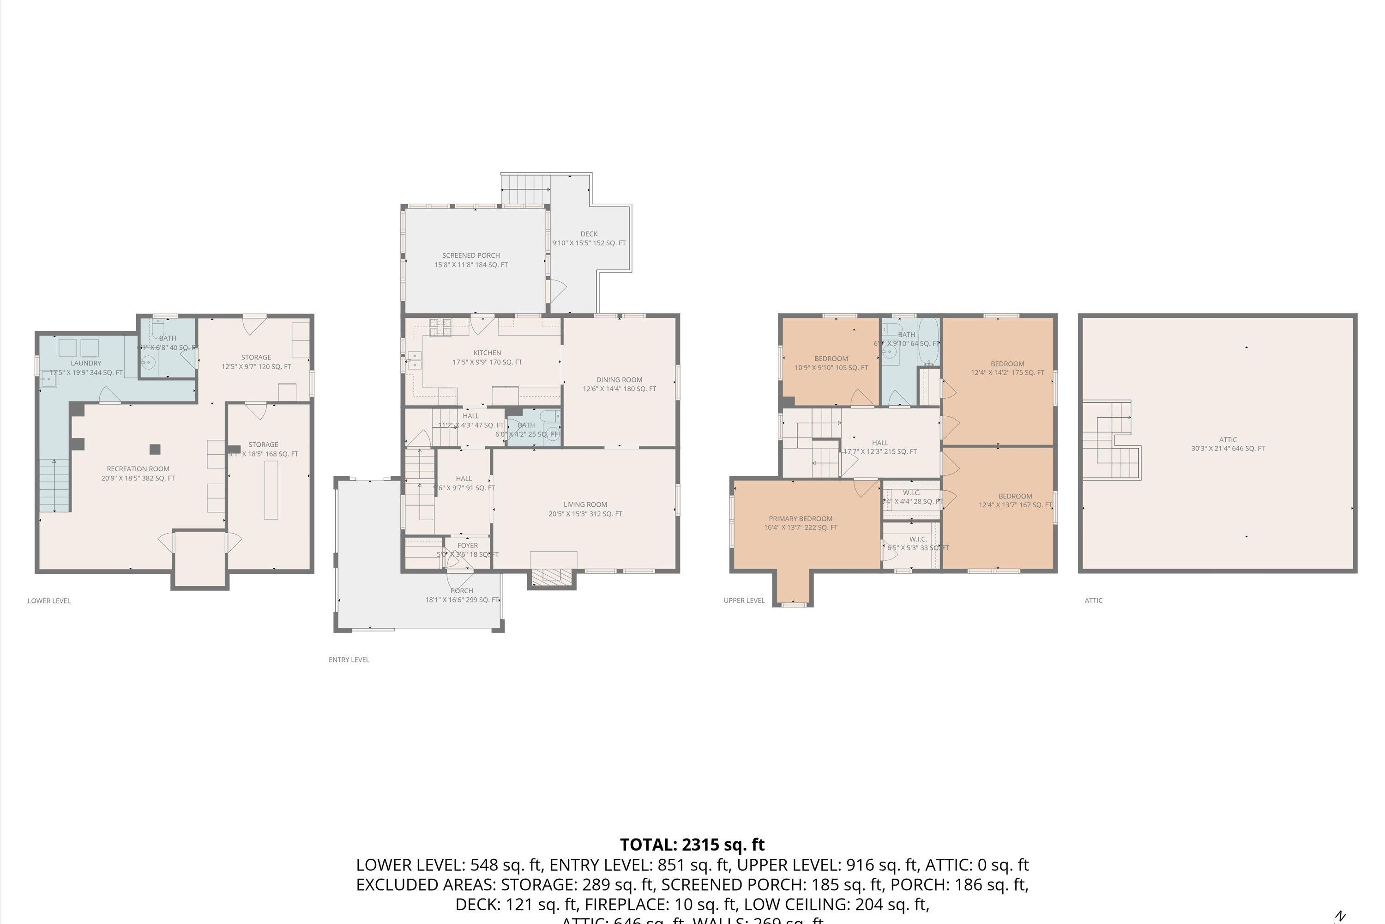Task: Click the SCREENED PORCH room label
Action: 470,255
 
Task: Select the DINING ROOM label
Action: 619,379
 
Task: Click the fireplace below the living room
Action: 552,577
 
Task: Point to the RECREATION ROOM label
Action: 138,469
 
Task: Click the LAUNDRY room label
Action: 86,363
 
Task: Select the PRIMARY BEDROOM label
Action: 800,518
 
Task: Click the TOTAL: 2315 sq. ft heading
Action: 692,845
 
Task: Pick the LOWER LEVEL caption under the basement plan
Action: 49,601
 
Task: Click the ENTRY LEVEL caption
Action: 349,659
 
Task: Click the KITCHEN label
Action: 487,353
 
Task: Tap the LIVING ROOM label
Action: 585,505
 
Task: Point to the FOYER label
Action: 468,546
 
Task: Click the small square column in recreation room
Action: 155,450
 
